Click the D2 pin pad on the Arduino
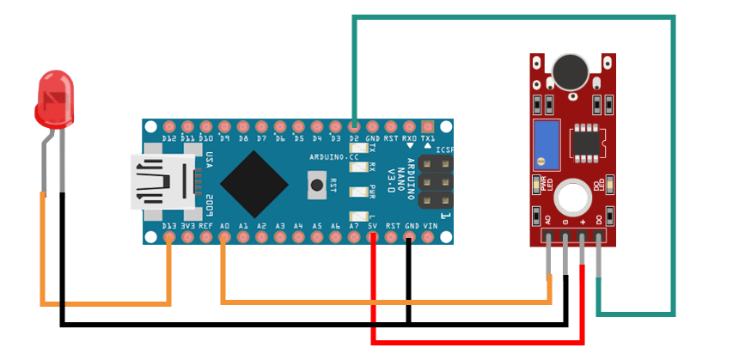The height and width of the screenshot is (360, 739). [x=354, y=125]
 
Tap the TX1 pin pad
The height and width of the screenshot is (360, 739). [x=429, y=125]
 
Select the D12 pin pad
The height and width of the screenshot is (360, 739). [x=169, y=125]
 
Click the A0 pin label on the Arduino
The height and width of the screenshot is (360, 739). [x=224, y=226]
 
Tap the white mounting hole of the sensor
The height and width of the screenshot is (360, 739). [x=570, y=197]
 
